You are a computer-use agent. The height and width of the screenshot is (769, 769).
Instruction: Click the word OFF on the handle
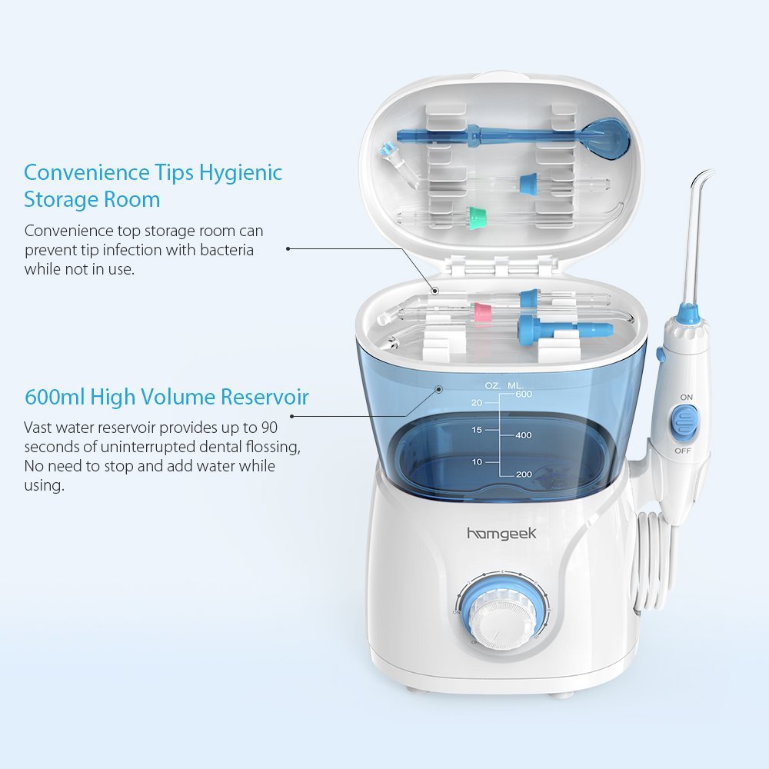coord(683,449)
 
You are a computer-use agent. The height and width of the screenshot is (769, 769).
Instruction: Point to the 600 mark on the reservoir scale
coord(524,394)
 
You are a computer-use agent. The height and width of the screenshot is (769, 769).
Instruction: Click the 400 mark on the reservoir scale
coord(523,435)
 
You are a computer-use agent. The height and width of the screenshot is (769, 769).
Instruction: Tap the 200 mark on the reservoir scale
coord(523,475)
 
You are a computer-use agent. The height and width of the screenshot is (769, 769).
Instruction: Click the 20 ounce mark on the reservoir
coord(476,402)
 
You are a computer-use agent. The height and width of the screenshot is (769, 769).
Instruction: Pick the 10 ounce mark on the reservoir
coord(476,461)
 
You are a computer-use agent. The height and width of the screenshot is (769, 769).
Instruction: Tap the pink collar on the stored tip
coord(482,311)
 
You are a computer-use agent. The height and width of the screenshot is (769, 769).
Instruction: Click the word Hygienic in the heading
coord(241,172)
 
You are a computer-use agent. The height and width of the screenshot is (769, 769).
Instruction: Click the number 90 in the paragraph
coord(269,427)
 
